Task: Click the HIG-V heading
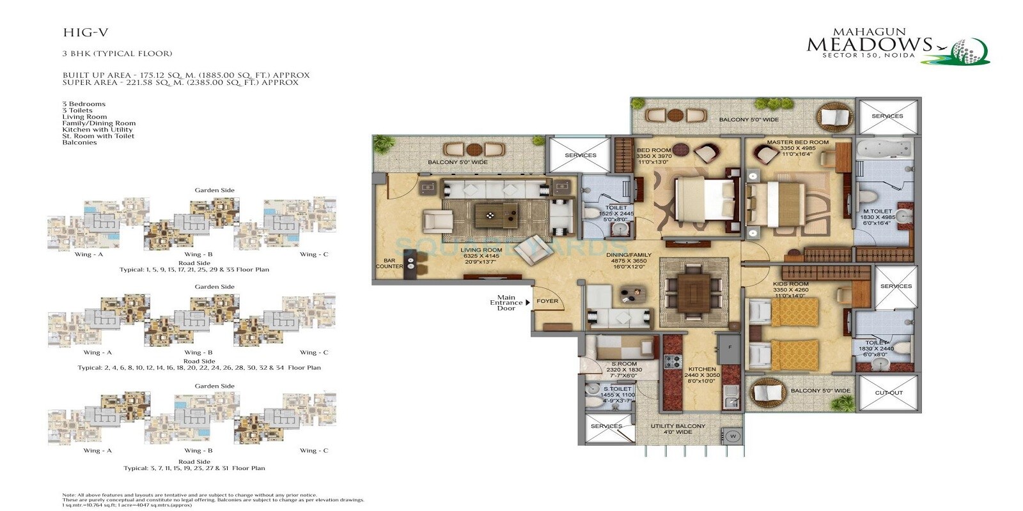pos(81,33)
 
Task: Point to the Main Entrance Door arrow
pos(527,303)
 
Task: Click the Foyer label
pos(547,301)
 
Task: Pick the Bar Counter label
pos(389,264)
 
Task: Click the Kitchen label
pos(702,369)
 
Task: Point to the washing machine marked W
pos(733,436)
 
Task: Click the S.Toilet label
pos(618,388)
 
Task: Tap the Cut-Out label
pos(889,393)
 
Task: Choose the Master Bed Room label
pos(797,142)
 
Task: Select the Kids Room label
pos(791,284)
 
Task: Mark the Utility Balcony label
pos(678,426)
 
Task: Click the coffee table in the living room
pos(496,215)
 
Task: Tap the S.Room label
pos(623,364)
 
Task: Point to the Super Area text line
pos(180,83)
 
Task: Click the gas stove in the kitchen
pos(672,362)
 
